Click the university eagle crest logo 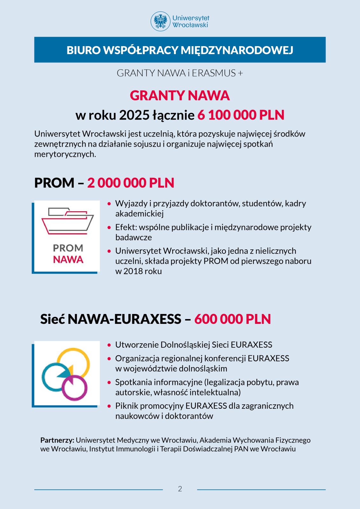[160, 21]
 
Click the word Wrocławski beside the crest [190, 25]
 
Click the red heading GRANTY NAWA [180, 95]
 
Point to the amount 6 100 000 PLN [241, 115]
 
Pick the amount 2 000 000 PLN [131, 183]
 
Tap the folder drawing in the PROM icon [67, 221]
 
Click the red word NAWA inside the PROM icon [68, 260]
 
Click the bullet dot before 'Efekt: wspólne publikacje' [109, 227]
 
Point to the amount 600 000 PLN [232, 319]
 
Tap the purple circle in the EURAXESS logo [74, 388]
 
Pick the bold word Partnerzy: [57, 440]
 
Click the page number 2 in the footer [180, 489]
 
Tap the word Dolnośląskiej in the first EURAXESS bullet [185, 345]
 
